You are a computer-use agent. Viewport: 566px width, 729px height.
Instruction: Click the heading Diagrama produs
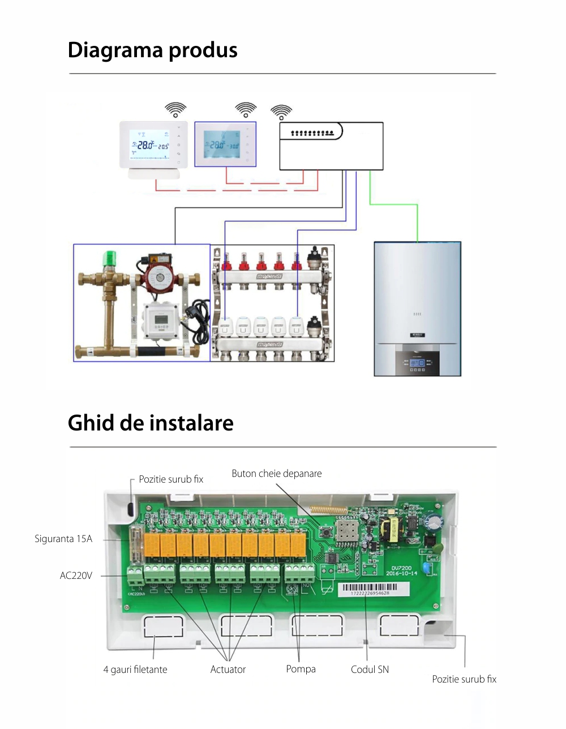coord(152,50)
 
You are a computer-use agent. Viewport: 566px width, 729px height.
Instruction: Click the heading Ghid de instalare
coord(151,423)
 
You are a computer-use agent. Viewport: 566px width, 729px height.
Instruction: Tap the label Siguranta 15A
coord(63,539)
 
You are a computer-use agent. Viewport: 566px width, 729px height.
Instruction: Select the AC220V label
coord(76,575)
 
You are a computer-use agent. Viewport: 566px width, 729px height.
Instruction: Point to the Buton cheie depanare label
coord(276,474)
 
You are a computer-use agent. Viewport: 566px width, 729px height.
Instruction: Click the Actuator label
coord(228,670)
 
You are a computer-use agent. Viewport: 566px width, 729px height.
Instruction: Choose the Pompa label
coord(301,669)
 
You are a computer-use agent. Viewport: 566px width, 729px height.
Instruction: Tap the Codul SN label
coord(370,670)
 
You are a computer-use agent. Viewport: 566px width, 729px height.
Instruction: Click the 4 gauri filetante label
coord(135,670)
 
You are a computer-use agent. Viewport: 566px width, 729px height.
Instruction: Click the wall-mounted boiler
coord(417,309)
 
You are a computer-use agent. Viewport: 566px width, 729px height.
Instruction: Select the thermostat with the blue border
coord(225,144)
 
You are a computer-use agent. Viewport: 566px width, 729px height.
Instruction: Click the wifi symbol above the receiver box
coord(281,112)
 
